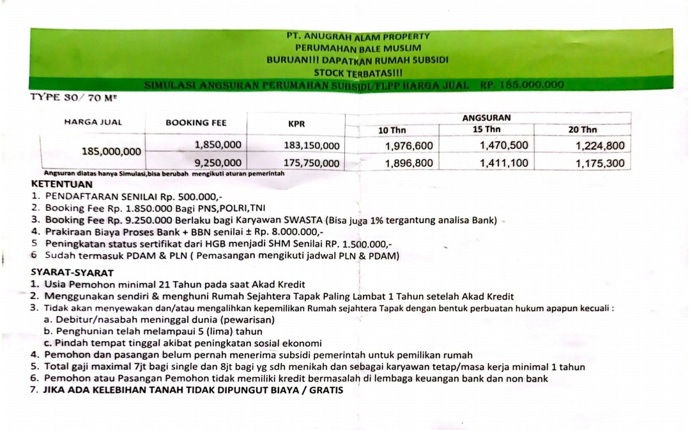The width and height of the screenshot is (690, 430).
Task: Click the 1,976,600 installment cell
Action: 409,146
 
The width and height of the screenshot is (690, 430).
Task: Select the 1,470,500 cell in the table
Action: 504,146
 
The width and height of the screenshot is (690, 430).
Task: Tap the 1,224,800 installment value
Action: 600,146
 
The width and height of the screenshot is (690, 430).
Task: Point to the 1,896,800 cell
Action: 409,163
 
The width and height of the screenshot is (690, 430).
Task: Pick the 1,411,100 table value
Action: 504,163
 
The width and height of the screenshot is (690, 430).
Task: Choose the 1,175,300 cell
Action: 600,164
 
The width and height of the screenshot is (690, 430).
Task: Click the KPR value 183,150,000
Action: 311,146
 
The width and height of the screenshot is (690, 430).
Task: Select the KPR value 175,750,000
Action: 311,163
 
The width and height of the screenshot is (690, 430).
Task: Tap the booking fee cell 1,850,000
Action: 218,146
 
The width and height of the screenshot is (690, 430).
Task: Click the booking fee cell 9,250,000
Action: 218,163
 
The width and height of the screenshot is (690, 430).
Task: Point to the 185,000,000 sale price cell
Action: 111,151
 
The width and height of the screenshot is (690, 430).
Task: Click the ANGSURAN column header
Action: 486,118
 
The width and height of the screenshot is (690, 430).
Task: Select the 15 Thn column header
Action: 487,130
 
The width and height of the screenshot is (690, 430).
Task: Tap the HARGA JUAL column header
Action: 93,122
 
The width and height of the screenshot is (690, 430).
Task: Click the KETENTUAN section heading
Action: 61,184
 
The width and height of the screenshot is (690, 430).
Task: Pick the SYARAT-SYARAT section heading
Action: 72,272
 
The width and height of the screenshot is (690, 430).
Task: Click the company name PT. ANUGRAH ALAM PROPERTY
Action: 358,36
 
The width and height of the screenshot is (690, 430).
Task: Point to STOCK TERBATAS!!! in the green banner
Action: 358,73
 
